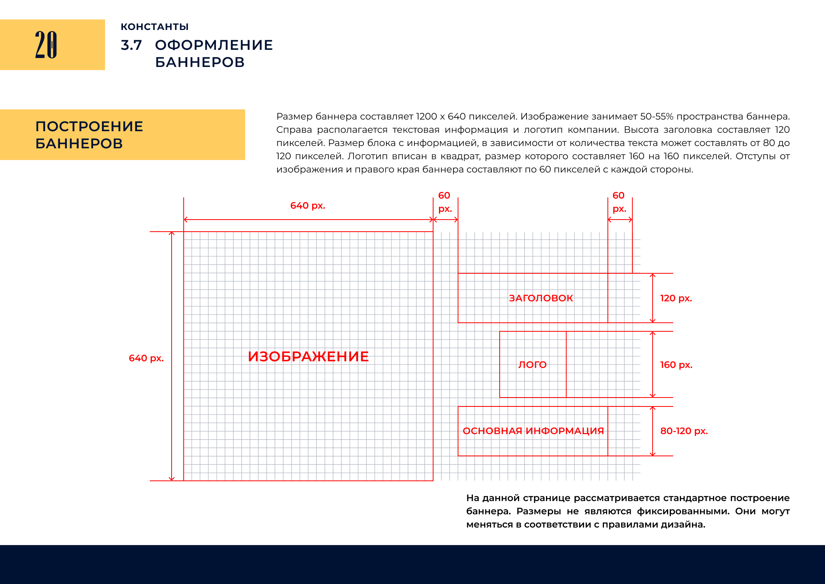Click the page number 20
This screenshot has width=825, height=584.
[x=46, y=45]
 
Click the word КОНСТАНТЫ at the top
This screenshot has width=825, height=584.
[x=154, y=27]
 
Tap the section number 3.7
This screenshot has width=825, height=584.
[x=131, y=45]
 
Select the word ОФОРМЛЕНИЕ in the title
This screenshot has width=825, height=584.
[x=214, y=45]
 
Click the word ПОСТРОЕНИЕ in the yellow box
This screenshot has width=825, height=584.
[x=89, y=127]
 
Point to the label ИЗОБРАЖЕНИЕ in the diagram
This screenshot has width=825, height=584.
[x=308, y=357]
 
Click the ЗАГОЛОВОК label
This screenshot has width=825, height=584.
[x=541, y=298]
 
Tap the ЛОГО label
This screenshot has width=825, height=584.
[x=532, y=365]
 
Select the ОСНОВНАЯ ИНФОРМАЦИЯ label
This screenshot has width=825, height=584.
[x=533, y=431]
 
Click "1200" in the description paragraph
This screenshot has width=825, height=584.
[x=426, y=116]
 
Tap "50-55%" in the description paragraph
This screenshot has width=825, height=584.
[x=657, y=116]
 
